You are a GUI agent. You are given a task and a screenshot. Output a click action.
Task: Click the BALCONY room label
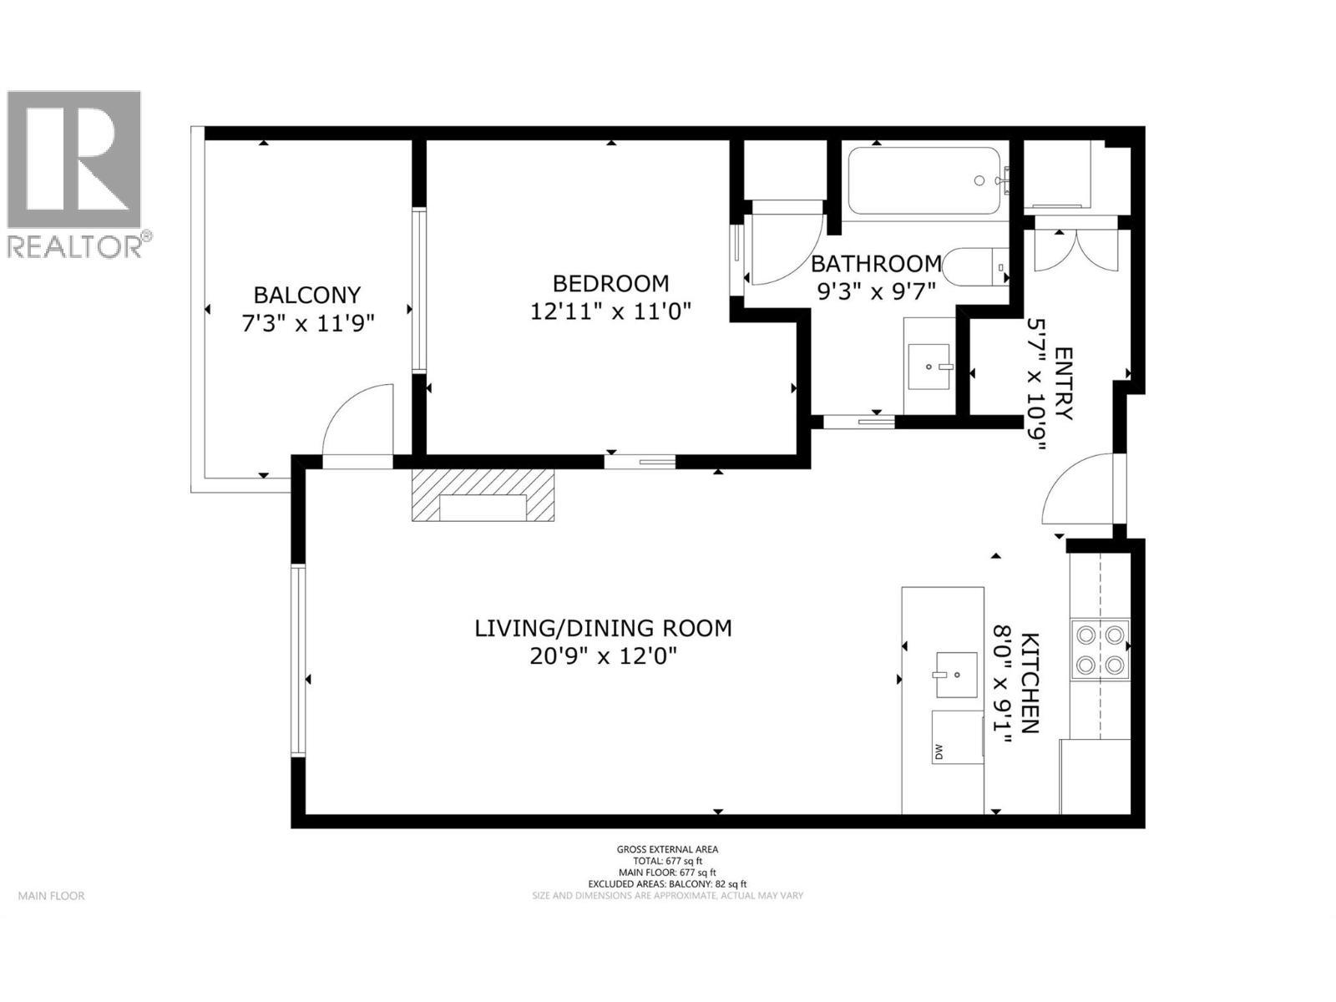306,295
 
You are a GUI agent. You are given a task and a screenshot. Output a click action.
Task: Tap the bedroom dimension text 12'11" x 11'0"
611,311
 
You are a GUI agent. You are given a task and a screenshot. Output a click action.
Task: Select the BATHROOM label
876,264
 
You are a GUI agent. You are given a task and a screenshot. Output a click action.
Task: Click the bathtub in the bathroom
924,181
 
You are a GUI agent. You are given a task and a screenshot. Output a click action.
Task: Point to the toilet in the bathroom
977,267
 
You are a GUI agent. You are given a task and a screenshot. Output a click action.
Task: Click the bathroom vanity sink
929,366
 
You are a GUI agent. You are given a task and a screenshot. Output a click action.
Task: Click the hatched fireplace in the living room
483,495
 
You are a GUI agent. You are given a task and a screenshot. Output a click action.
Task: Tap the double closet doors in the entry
1075,250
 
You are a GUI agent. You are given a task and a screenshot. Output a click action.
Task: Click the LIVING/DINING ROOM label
603,628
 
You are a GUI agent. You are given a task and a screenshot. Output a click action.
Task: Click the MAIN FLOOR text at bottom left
52,896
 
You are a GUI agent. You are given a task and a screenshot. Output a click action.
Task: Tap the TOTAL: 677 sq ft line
667,861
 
